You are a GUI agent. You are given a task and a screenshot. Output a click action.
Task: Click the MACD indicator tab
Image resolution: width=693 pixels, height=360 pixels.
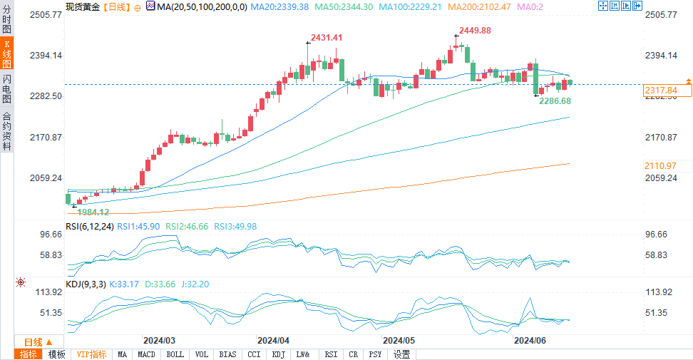(x=146, y=354)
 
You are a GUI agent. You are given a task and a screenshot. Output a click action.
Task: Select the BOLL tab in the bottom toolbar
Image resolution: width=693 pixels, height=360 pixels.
(x=175, y=354)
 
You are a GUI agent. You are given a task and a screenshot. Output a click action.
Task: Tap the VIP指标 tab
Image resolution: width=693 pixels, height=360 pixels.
(x=91, y=354)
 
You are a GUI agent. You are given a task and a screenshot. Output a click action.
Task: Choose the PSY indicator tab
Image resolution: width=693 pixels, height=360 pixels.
(x=375, y=354)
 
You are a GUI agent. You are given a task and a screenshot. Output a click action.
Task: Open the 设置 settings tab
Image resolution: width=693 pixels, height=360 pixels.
(x=402, y=354)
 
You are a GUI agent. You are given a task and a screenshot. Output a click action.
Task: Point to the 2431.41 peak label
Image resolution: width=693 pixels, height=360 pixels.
(x=327, y=38)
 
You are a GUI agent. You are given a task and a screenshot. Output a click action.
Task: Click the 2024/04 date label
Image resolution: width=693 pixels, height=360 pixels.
(x=273, y=341)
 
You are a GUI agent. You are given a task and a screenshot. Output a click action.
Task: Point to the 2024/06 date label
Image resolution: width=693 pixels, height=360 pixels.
(x=530, y=341)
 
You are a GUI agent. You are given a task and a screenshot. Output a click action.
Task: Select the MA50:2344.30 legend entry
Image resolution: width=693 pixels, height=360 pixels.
(x=346, y=6)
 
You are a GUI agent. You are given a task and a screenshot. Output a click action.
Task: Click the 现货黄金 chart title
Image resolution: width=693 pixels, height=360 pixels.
(x=82, y=6)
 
